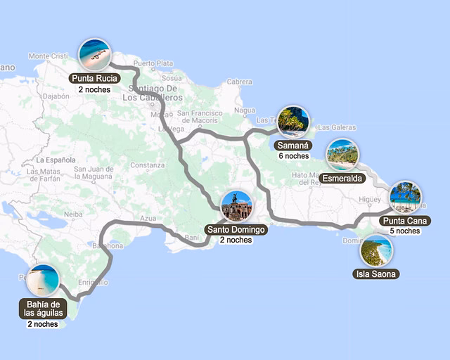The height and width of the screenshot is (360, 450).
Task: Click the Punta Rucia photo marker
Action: click(94, 54)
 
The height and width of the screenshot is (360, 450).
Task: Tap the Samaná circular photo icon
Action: click(292, 122)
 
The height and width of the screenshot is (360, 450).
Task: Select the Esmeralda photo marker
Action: click(342, 155)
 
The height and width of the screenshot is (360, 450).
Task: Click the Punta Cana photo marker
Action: click(405, 197)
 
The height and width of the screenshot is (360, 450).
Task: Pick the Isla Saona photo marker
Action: click(376, 250)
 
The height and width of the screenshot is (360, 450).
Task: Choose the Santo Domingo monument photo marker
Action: click(236, 206)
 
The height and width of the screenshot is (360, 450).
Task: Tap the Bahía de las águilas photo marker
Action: click(44, 281)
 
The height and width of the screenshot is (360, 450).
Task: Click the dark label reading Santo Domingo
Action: click(236, 229)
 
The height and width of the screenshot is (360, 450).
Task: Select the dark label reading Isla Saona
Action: click(376, 274)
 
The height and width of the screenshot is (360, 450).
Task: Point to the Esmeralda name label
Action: click(342, 179)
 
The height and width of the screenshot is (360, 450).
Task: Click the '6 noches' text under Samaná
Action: click(293, 156)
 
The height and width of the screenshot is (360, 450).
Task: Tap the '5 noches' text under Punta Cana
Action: click(405, 231)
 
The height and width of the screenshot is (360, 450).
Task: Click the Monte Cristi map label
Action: click(48, 56)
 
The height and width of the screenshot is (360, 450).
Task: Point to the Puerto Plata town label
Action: click(153, 63)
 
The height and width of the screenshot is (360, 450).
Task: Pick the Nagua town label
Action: click(245, 110)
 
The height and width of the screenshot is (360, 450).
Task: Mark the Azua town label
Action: click(148, 219)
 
